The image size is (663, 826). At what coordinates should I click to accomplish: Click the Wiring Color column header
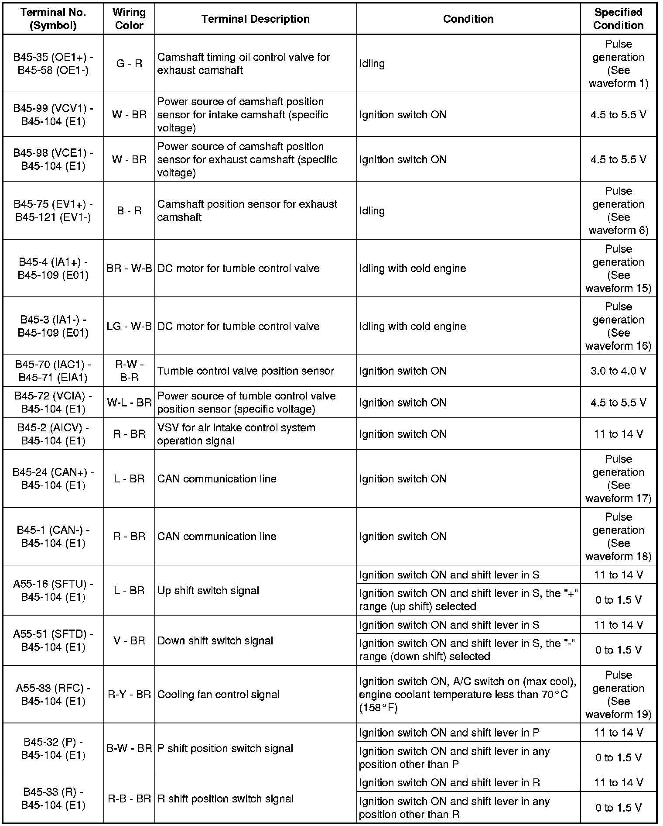tap(129, 19)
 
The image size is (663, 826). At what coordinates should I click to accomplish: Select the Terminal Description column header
tap(256, 19)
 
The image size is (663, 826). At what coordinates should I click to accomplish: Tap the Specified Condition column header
tap(618, 19)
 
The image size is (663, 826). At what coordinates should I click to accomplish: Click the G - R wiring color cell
tap(129, 64)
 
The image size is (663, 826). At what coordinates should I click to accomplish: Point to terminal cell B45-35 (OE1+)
tap(53, 64)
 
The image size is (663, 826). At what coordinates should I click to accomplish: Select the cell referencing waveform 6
tap(618, 210)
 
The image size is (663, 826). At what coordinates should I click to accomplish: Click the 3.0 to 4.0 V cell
tap(618, 371)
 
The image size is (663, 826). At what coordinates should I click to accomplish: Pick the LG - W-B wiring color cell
tap(129, 326)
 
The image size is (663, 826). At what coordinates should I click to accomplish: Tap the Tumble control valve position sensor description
tap(246, 371)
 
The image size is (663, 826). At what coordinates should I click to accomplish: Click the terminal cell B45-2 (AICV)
tap(53, 434)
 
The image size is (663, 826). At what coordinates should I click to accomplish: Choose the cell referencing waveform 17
tap(618, 478)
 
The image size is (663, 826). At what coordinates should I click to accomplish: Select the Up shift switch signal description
tap(208, 591)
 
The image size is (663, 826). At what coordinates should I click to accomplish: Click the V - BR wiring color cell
tap(129, 640)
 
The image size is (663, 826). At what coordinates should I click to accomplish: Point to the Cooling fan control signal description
tap(218, 694)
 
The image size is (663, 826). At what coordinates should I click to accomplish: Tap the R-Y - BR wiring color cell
tap(129, 694)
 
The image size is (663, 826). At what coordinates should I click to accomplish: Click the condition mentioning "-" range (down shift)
tap(468, 650)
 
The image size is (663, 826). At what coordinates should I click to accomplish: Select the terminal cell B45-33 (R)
tap(53, 798)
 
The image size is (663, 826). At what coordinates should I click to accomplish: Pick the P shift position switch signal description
tap(225, 748)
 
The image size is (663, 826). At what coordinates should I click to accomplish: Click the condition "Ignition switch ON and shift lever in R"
tap(449, 783)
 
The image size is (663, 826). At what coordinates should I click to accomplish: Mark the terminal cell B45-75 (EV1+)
tap(53, 210)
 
